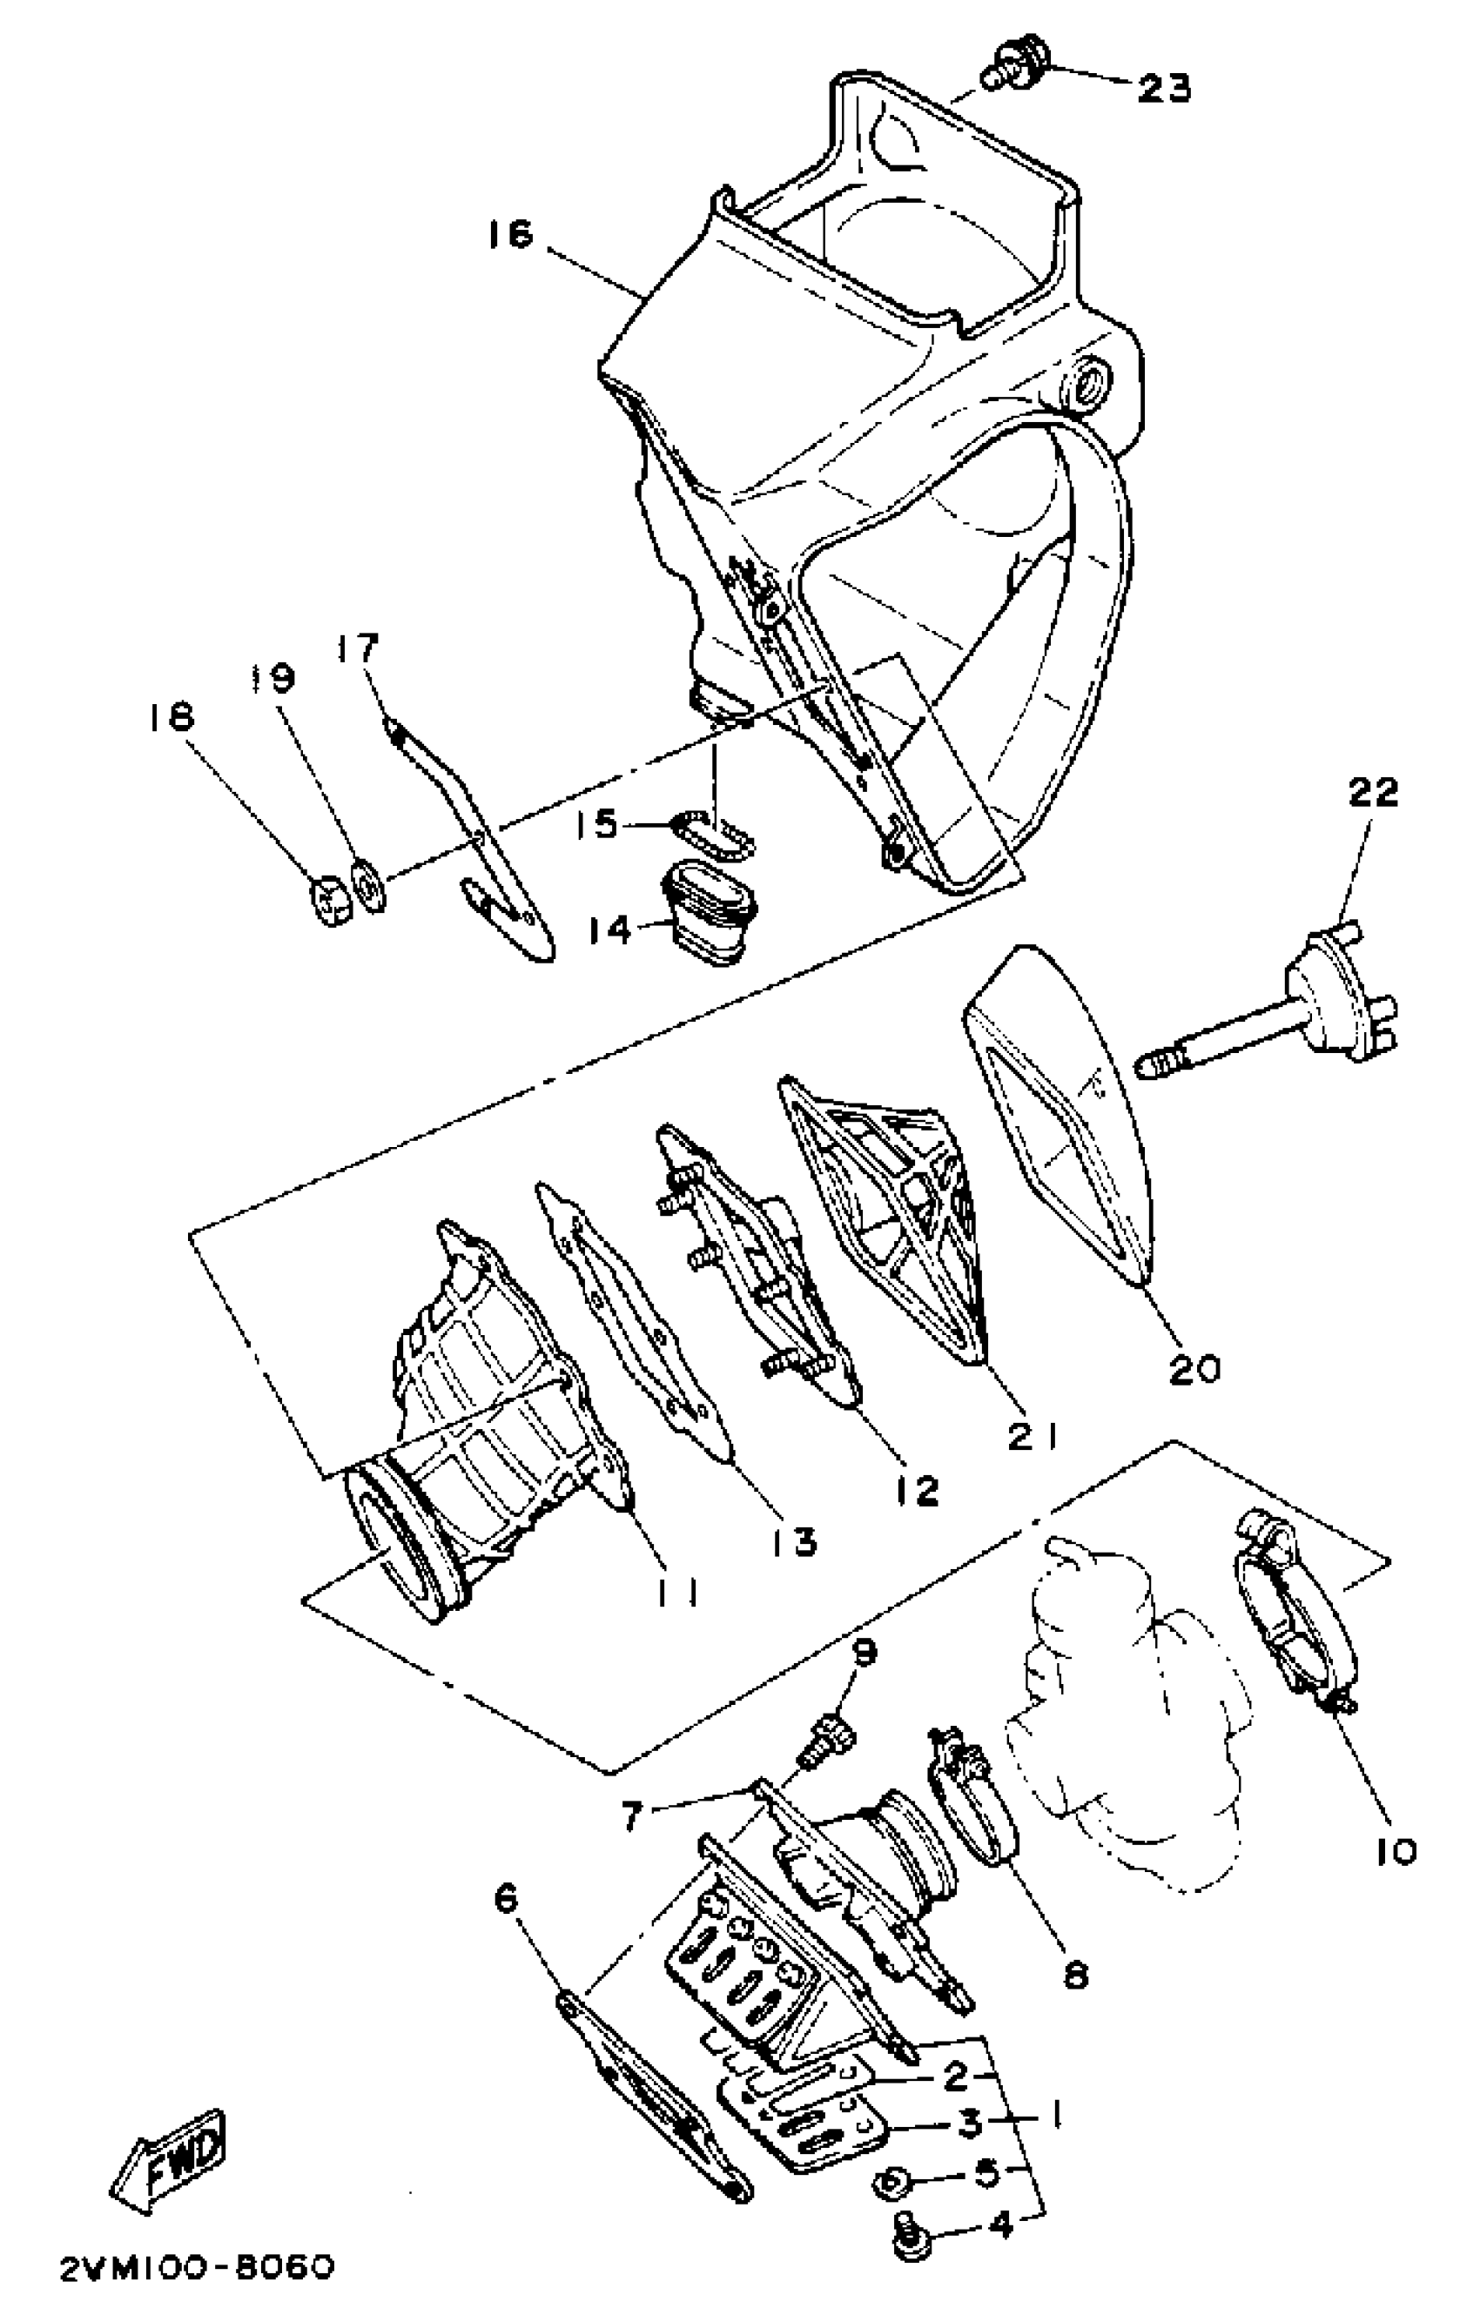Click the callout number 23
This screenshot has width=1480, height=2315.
(x=1165, y=88)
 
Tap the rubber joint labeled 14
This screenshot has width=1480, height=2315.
(x=710, y=912)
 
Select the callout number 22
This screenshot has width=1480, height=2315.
(x=1373, y=792)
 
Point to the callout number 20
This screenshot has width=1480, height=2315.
(x=1194, y=1368)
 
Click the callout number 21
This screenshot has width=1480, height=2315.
(x=1033, y=1436)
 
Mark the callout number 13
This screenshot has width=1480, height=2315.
(x=794, y=1541)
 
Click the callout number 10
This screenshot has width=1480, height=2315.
(x=1396, y=1852)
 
